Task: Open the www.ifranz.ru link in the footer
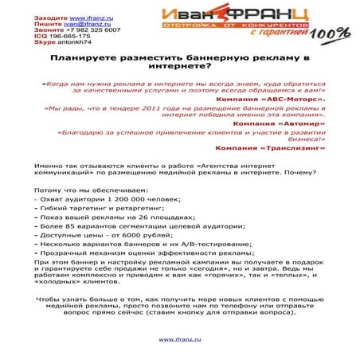point(179,338)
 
